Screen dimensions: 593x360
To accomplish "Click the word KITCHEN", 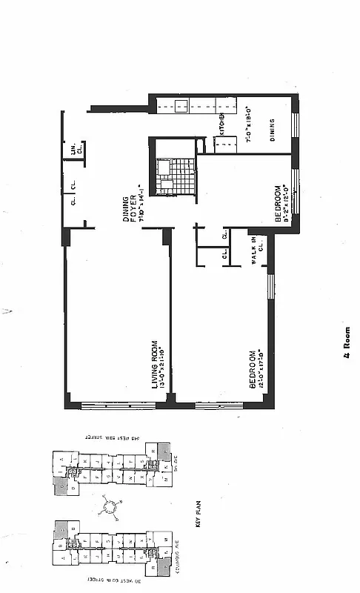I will point(221,125).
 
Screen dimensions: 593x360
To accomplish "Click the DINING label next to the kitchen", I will point(273,130).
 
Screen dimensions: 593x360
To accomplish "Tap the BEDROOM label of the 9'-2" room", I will point(278,204).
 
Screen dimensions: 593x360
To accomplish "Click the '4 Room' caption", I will point(346,344).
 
